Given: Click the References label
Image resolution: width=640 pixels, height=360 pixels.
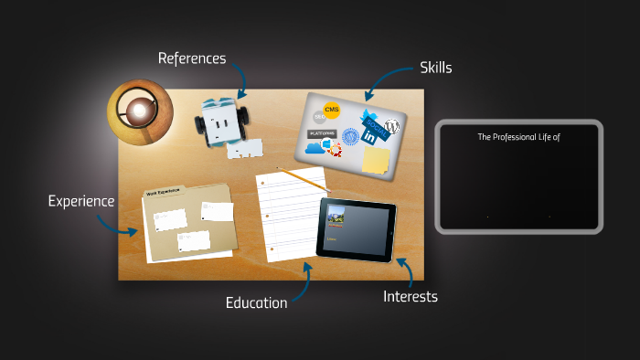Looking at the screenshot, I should (191, 58).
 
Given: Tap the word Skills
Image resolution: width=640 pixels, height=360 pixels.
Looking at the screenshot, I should (436, 67).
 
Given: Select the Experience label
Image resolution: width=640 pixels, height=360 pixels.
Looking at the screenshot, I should (81, 201).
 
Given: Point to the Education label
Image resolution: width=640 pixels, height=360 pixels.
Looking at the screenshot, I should (257, 302).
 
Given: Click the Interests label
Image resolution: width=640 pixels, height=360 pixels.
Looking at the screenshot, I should (411, 296).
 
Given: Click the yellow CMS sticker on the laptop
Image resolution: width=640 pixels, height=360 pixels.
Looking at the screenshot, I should (332, 110).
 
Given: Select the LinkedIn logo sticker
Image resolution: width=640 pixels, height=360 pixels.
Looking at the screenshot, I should (370, 136).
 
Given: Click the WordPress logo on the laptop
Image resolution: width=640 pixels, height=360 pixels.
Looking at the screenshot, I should (393, 127).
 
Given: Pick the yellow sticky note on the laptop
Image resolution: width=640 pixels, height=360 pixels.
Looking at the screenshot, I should (375, 160).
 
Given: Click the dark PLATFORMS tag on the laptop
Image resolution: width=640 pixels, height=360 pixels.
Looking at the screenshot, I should (321, 132).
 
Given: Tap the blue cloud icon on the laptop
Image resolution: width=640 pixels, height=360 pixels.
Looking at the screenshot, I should (317, 146).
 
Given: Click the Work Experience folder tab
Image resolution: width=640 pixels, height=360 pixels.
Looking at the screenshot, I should (164, 193).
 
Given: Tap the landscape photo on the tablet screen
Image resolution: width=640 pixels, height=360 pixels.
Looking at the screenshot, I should (335, 218).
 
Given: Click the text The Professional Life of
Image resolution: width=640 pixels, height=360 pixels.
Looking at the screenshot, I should (518, 137).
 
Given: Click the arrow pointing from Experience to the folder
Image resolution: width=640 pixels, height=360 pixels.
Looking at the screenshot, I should (127, 222).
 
